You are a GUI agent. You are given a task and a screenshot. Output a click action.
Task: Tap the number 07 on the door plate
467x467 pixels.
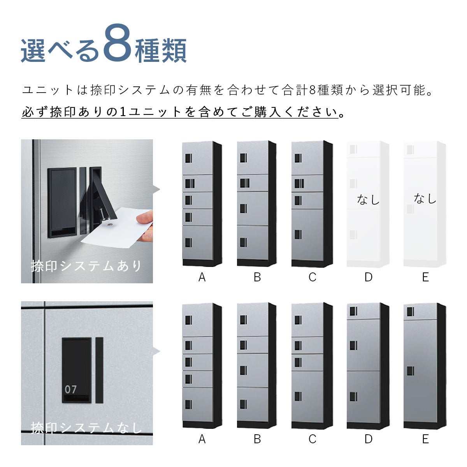point(70,390)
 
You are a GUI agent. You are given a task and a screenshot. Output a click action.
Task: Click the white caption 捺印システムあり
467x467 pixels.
point(86,266)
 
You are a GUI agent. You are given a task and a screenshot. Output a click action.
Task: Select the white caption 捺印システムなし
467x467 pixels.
point(86,428)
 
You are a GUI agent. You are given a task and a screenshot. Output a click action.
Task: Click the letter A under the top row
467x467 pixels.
point(202,277)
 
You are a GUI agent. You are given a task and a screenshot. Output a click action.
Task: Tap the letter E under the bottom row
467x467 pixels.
point(425,439)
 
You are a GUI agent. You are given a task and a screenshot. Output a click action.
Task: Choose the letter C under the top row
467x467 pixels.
point(313,277)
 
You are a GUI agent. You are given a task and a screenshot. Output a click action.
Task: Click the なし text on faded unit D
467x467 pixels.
point(368,200)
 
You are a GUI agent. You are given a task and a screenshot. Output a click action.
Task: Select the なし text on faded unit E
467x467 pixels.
point(425,198)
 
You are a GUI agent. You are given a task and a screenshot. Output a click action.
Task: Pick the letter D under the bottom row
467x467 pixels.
point(369,439)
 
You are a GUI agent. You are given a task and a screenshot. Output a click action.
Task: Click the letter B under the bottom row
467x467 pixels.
point(257,439)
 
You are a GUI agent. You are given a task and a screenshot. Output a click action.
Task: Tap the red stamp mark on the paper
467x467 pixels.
point(111,225)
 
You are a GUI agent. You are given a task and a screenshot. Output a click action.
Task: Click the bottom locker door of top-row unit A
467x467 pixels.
point(198,243)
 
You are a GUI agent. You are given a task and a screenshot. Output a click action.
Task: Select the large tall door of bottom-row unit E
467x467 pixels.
point(420,371)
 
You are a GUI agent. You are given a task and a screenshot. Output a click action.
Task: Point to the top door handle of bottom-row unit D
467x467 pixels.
point(353,311)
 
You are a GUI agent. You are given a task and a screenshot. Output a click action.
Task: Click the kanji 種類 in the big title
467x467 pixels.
point(161,51)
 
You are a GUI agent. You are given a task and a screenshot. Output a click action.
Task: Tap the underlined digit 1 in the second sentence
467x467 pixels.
point(123,112)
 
